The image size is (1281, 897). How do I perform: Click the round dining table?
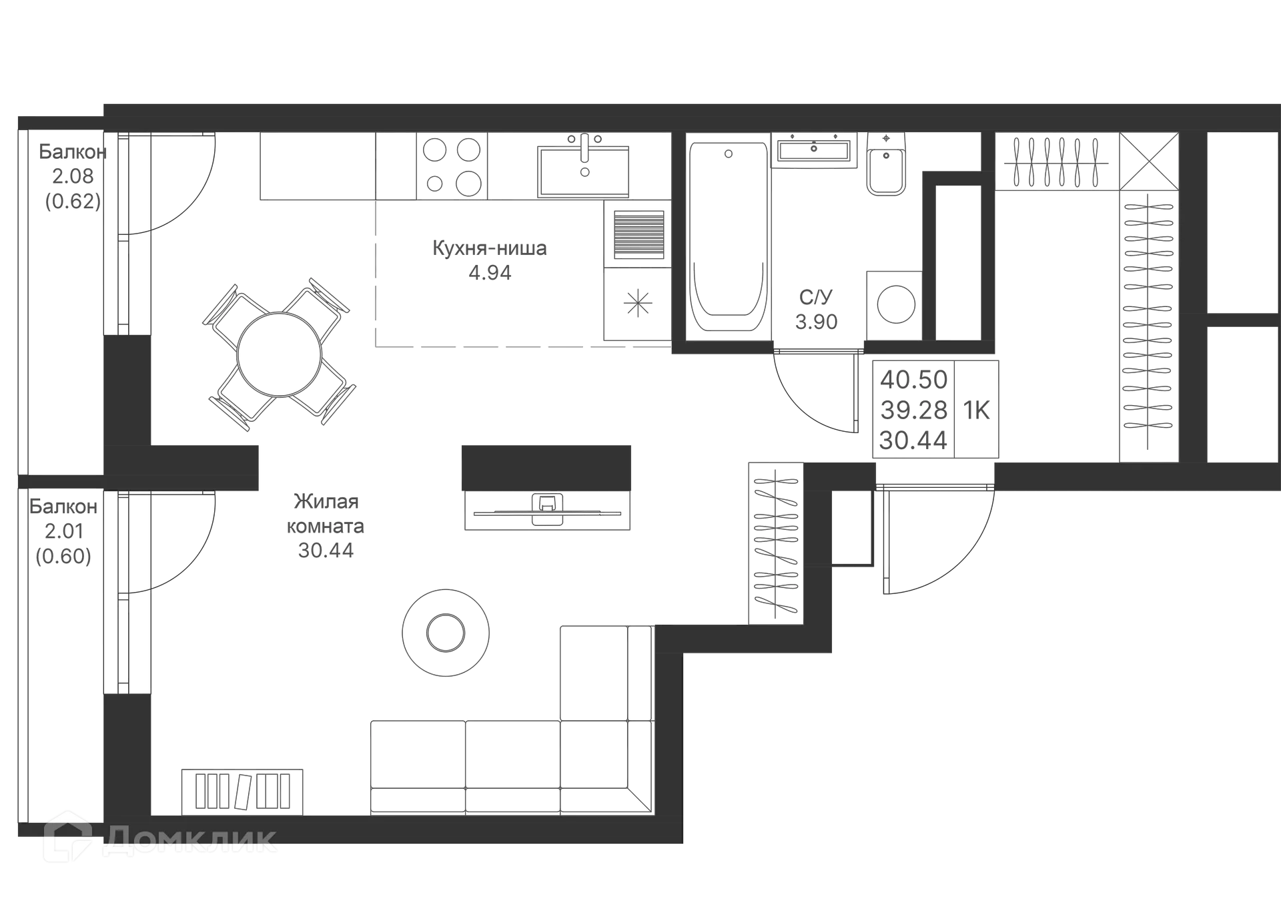click(x=279, y=354)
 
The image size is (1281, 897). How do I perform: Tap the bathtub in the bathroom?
click(x=728, y=237)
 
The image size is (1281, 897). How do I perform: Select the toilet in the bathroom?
click(x=886, y=164)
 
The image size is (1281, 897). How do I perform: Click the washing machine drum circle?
click(x=895, y=304)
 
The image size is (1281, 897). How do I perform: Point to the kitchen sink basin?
click(x=584, y=172)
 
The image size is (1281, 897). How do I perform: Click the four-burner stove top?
click(x=452, y=166)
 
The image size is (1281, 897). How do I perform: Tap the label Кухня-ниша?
click(x=490, y=248)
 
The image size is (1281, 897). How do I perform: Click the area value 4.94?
click(x=490, y=273)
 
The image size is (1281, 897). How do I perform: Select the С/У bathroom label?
click(x=815, y=297)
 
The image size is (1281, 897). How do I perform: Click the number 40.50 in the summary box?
click(x=913, y=379)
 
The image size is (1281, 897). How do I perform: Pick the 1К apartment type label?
click(x=976, y=410)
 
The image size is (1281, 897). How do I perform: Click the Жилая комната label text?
click(x=326, y=513)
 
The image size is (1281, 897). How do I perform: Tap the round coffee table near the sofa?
click(x=446, y=632)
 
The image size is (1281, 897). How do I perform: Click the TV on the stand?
click(x=547, y=509)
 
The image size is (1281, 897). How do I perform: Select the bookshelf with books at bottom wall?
click(x=242, y=792)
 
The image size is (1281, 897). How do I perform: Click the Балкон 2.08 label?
click(x=73, y=164)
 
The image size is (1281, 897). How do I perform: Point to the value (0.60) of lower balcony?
click(x=63, y=556)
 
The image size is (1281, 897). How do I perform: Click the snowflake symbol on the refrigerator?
click(x=638, y=304)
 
